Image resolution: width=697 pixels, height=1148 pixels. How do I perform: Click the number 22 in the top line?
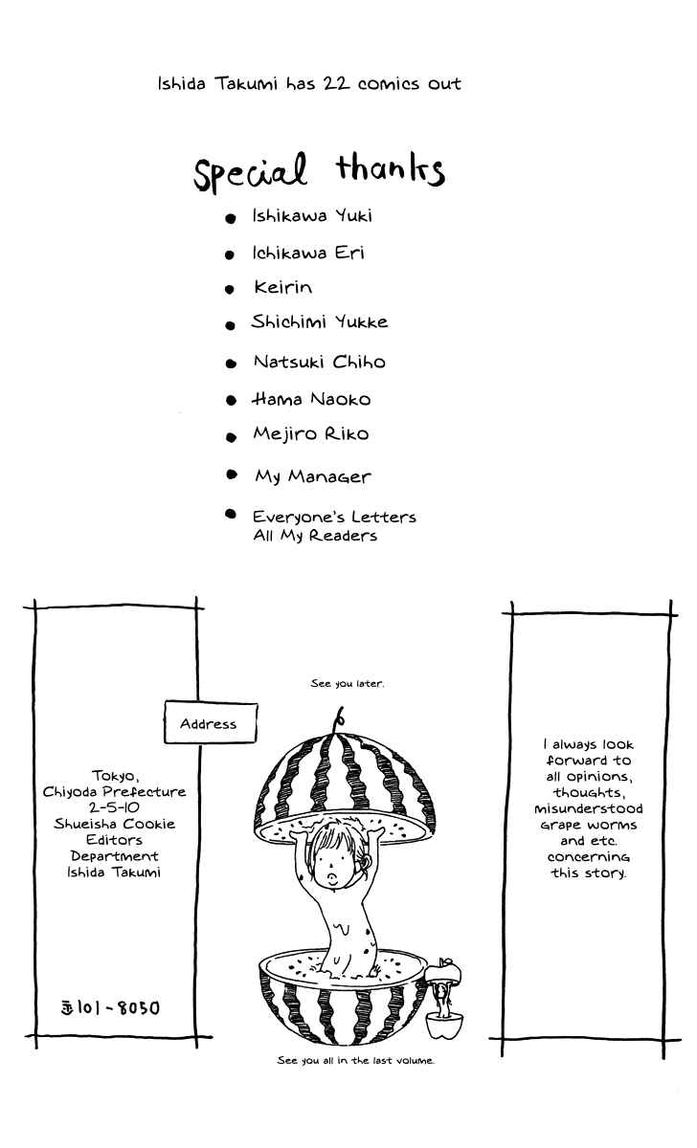[336, 83]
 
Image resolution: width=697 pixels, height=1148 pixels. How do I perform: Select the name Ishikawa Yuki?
[312, 216]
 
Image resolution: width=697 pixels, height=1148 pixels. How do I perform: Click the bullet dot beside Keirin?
[229, 290]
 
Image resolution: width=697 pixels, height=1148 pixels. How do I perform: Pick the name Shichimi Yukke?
[320, 321]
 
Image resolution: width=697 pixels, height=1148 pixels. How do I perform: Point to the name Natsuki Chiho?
[320, 362]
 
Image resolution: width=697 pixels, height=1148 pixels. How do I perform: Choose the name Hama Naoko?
[311, 399]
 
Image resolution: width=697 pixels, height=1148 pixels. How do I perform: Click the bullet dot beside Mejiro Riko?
[232, 437]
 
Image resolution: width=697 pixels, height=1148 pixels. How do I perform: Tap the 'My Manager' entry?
[312, 476]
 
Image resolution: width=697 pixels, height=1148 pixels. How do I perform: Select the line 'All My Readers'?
[315, 536]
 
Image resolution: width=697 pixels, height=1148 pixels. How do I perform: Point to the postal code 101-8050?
[110, 1008]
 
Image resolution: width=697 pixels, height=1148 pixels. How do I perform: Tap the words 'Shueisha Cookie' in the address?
[114, 824]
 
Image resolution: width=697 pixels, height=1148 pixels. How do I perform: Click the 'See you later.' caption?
[348, 683]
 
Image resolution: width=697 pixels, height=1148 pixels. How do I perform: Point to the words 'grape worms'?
[588, 825]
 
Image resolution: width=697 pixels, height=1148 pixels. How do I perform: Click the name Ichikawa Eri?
[307, 253]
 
